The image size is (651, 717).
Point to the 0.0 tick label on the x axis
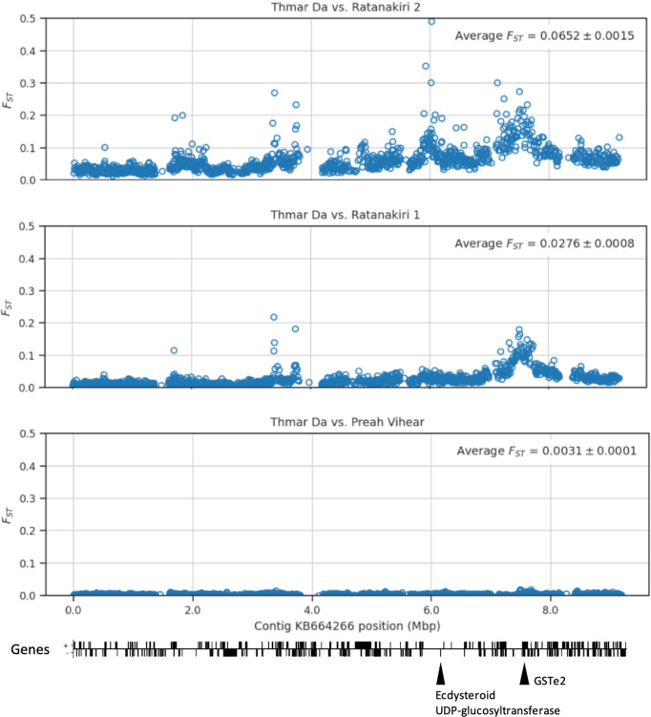tap(72, 608)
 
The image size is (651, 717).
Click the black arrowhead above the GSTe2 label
tap(524, 675)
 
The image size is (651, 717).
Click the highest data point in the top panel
tap(432, 21)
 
